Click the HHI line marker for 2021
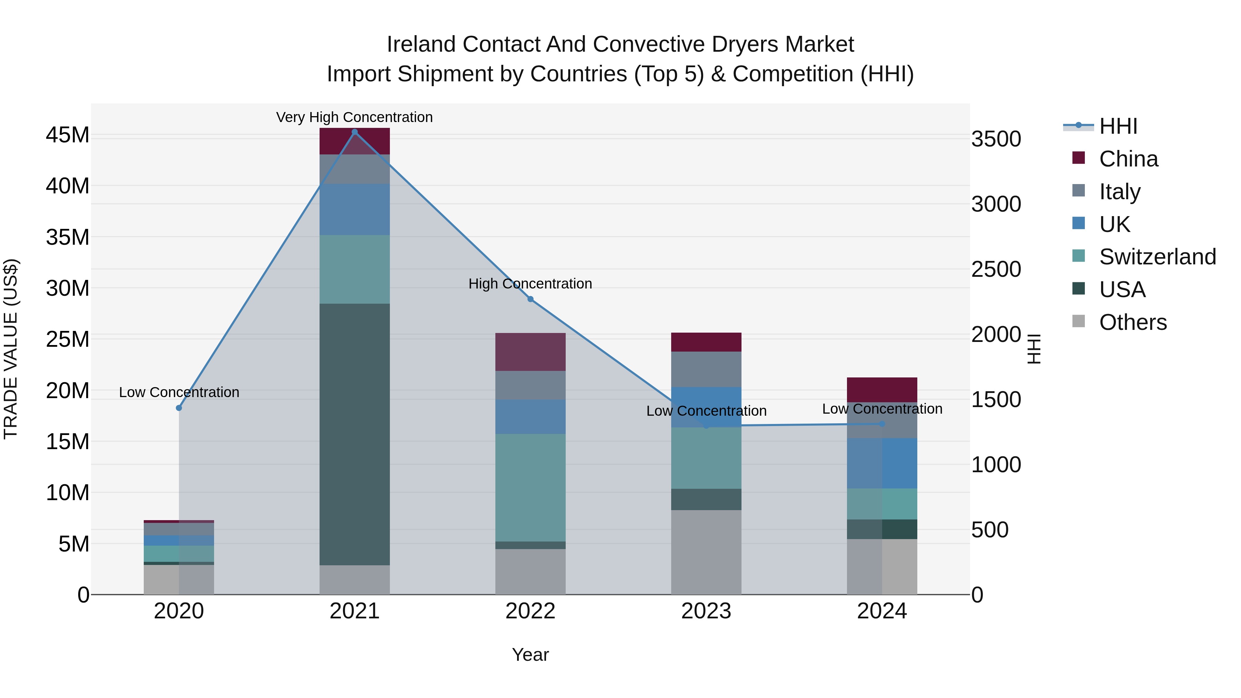coord(355,132)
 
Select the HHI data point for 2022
coord(531,299)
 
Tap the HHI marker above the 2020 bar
coord(179,408)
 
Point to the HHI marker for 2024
coord(882,424)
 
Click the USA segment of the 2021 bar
coord(355,434)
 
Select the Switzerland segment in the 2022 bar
coord(531,487)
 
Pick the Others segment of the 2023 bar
coord(706,552)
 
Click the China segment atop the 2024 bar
coord(882,390)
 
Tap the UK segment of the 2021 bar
coord(355,210)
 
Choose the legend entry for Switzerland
coord(1157,257)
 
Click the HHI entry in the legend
coord(1118,126)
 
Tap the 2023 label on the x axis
coord(706,611)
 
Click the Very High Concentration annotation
coord(355,117)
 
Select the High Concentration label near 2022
coord(531,284)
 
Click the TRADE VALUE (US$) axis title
coord(11,349)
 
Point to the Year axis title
coord(531,655)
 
